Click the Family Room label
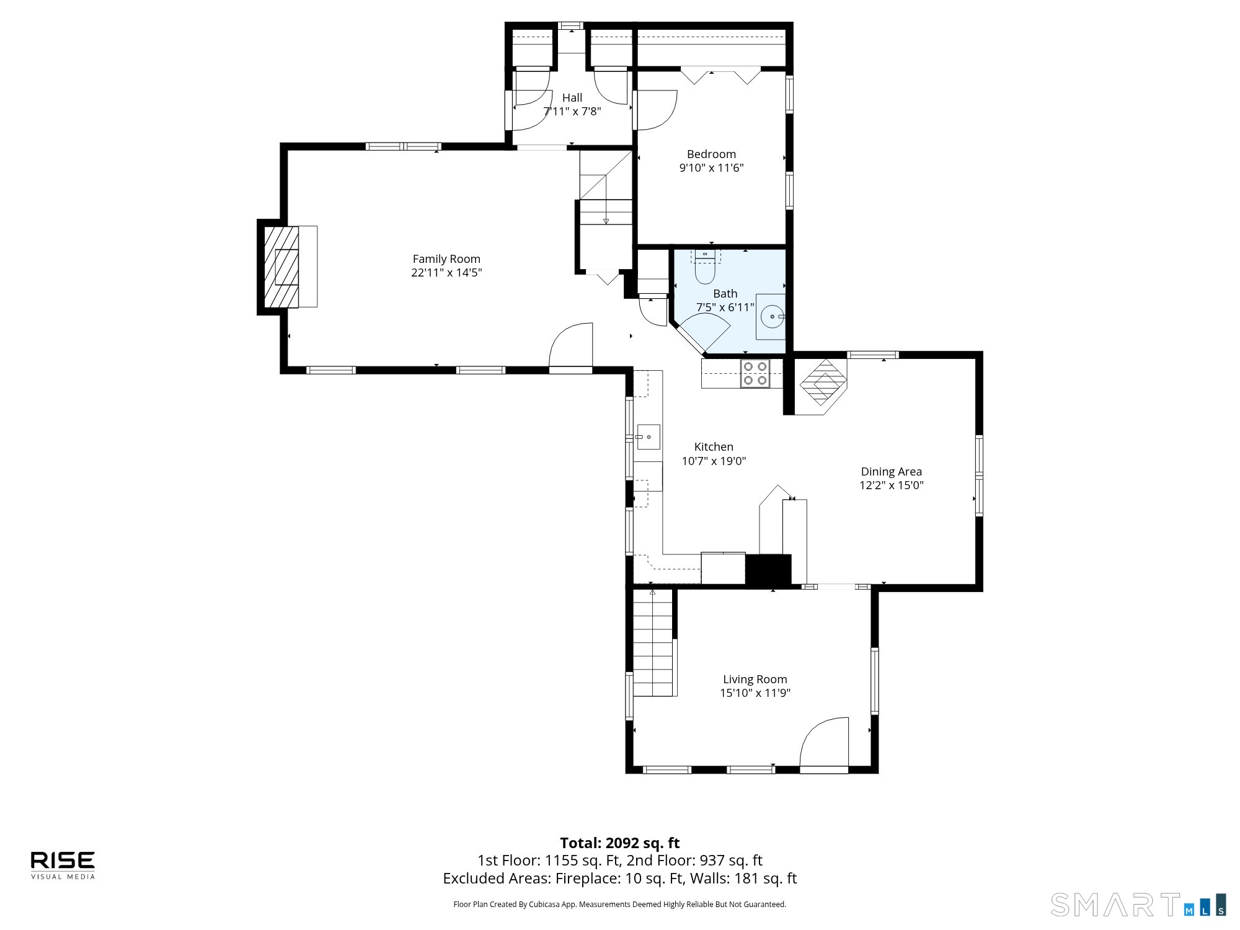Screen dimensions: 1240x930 [446, 259]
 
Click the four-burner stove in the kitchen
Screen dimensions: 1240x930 [755, 373]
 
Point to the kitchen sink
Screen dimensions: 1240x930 [648, 437]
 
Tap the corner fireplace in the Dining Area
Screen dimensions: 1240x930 [821, 386]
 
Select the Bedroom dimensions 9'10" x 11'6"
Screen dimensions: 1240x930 [712, 168]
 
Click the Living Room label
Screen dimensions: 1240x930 [755, 680]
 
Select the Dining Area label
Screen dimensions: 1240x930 [892, 472]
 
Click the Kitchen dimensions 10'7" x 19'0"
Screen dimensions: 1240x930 [714, 461]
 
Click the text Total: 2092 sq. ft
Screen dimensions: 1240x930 [620, 843]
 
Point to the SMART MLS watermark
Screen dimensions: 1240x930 [1138, 905]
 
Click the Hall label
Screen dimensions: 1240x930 [572, 98]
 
